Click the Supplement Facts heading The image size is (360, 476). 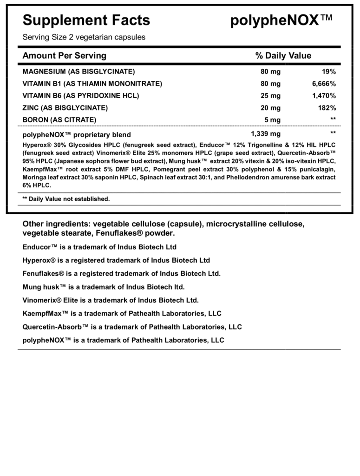click(x=86, y=20)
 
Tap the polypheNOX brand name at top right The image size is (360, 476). click(x=281, y=20)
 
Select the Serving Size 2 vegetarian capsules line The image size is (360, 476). click(x=84, y=37)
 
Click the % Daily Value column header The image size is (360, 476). click(x=283, y=56)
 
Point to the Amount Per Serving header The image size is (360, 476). click(x=64, y=56)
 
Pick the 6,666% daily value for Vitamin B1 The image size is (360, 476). click(x=324, y=84)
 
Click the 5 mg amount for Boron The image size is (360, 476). click(x=272, y=119)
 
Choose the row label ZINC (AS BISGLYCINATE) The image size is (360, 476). click(x=65, y=108)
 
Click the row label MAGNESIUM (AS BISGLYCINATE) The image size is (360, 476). click(x=79, y=72)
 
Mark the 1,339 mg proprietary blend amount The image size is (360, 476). click(x=265, y=134)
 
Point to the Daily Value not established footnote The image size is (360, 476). click(x=66, y=198)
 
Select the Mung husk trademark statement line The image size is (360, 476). click(x=103, y=287)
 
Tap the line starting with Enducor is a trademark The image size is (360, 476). click(x=99, y=247)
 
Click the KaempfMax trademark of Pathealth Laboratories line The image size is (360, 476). click(x=122, y=313)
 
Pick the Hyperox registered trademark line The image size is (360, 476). click(x=116, y=260)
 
